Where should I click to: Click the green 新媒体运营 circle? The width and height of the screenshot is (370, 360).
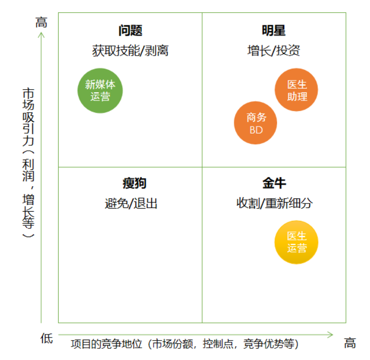100,91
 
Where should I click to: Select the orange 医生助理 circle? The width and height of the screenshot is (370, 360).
297,90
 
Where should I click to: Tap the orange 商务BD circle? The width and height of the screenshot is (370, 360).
256,123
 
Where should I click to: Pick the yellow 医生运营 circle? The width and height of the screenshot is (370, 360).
297,242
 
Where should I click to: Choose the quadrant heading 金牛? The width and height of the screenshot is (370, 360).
274,184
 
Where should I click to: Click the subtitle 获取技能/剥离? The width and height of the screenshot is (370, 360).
130,51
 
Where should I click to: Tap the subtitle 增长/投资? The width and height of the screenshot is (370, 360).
274,51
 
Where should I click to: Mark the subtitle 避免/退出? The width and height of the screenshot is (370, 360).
131,203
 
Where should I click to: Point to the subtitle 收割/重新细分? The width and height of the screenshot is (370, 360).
274,203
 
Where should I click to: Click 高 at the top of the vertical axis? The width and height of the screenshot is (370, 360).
41,22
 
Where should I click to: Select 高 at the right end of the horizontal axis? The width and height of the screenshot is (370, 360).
350,343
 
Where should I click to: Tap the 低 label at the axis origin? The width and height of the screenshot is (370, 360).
46,338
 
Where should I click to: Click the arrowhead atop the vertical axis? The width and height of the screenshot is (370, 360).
41,35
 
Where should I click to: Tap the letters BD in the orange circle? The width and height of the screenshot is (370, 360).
256,130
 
